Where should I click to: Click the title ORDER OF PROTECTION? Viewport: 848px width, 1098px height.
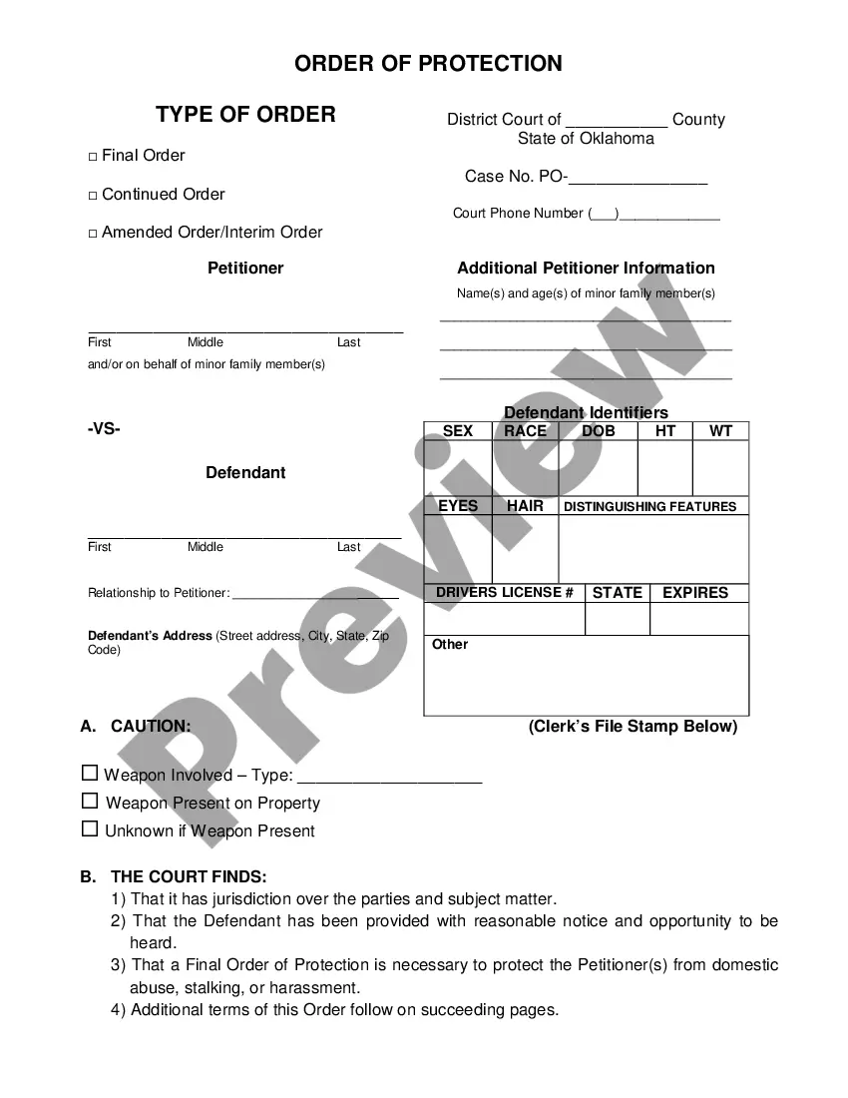coord(428,64)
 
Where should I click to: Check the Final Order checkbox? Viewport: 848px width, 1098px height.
coord(93,157)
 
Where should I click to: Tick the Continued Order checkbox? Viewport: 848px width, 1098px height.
coord(93,196)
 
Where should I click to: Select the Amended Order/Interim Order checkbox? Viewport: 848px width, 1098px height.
coord(93,234)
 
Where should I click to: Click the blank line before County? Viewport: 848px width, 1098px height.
coord(617,121)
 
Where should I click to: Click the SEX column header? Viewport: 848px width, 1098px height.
coord(458,431)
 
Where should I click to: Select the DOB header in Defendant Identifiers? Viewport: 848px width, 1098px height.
coord(598,431)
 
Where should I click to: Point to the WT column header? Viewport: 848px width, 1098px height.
coord(720,431)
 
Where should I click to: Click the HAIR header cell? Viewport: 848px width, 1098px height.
coord(525,506)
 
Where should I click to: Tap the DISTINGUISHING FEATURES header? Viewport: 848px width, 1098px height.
coord(649,507)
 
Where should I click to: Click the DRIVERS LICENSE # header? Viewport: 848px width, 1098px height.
coord(505,593)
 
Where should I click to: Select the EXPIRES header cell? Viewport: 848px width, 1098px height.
coord(695,593)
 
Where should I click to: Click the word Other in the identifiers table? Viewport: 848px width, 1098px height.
coord(450,645)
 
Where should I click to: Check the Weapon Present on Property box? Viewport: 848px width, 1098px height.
coord(91,801)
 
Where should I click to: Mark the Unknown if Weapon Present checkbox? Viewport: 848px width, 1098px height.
coord(91,828)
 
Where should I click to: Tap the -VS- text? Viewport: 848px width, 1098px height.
coord(104,429)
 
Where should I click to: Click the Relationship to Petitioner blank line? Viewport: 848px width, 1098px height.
coord(314,594)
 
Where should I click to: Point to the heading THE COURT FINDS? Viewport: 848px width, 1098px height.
coord(189,877)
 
